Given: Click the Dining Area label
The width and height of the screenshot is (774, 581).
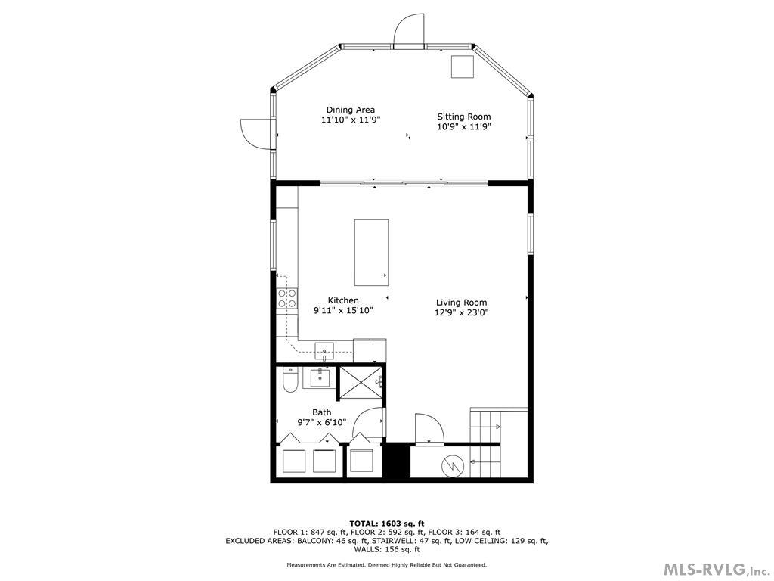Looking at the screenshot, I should pyautogui.click(x=350, y=110).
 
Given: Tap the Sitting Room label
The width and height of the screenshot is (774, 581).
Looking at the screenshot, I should pyautogui.click(x=463, y=117).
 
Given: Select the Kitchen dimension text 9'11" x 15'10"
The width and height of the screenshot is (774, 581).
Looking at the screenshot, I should pyautogui.click(x=343, y=310).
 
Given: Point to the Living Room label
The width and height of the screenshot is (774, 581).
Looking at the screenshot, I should pyautogui.click(x=461, y=303).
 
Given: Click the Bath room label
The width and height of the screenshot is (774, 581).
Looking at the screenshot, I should pyautogui.click(x=321, y=412).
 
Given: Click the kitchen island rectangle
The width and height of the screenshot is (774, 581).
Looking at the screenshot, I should pyautogui.click(x=372, y=252).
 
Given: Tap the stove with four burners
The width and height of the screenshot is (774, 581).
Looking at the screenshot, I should pyautogui.click(x=286, y=298).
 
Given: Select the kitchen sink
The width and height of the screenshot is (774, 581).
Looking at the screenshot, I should pyautogui.click(x=324, y=351).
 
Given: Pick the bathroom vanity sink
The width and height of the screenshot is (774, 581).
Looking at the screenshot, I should pyautogui.click(x=318, y=377).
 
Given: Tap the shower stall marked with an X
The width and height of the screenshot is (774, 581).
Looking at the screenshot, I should pyautogui.click(x=361, y=381).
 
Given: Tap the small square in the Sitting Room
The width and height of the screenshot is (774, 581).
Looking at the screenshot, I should pyautogui.click(x=462, y=67).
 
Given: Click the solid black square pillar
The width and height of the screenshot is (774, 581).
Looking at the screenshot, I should pyautogui.click(x=395, y=461).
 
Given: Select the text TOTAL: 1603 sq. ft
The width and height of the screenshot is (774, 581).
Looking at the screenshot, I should pyautogui.click(x=386, y=524).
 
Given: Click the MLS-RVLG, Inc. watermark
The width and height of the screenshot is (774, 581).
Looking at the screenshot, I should pyautogui.click(x=715, y=569).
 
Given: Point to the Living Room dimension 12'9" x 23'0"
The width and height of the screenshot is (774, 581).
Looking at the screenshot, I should pyautogui.click(x=461, y=312).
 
